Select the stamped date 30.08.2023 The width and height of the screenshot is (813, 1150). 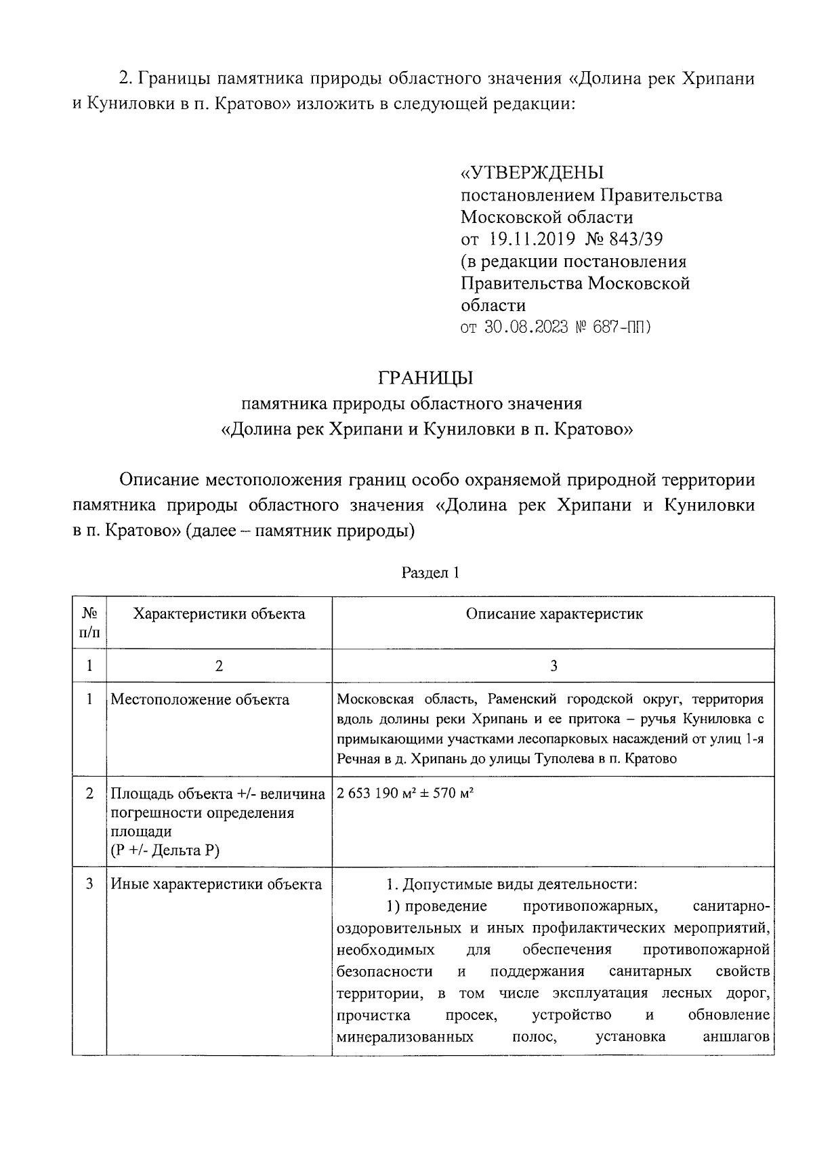[x=526, y=327]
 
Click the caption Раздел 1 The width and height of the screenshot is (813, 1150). [x=431, y=573]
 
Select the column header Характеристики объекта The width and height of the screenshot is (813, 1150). [x=219, y=614]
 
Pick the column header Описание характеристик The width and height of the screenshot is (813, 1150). [x=554, y=614]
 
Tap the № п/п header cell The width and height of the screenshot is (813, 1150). [x=89, y=623]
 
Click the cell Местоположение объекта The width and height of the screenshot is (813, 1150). [x=200, y=699]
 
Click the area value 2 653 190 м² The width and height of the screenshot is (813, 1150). [x=375, y=794]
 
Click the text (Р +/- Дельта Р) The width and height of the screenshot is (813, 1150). [x=165, y=850]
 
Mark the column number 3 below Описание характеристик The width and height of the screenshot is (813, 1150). [x=554, y=666]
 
